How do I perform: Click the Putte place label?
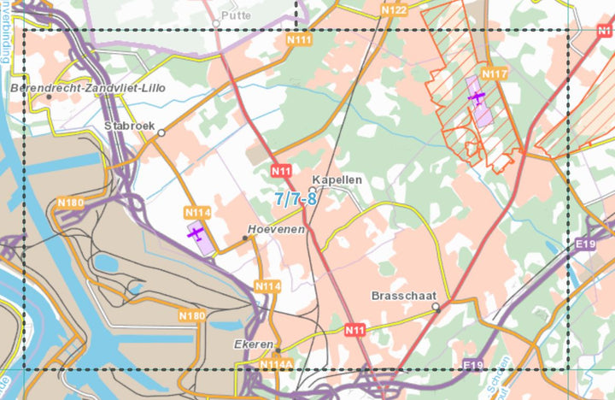click(x=236, y=15)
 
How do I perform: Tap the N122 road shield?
click(x=394, y=9)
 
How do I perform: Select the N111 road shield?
click(x=299, y=40)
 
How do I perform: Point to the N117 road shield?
click(x=495, y=74)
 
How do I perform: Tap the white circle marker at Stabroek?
click(x=161, y=132)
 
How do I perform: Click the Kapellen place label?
click(x=337, y=180)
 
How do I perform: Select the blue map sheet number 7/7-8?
click(x=296, y=199)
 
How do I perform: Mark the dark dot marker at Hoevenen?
click(x=245, y=238)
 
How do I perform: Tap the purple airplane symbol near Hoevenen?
click(x=196, y=232)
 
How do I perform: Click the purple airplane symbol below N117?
click(x=477, y=97)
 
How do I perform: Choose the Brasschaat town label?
click(x=399, y=295)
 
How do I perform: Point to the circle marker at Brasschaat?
click(x=436, y=306)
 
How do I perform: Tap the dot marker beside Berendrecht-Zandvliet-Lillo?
click(x=49, y=97)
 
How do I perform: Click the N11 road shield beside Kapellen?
click(x=281, y=171)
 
